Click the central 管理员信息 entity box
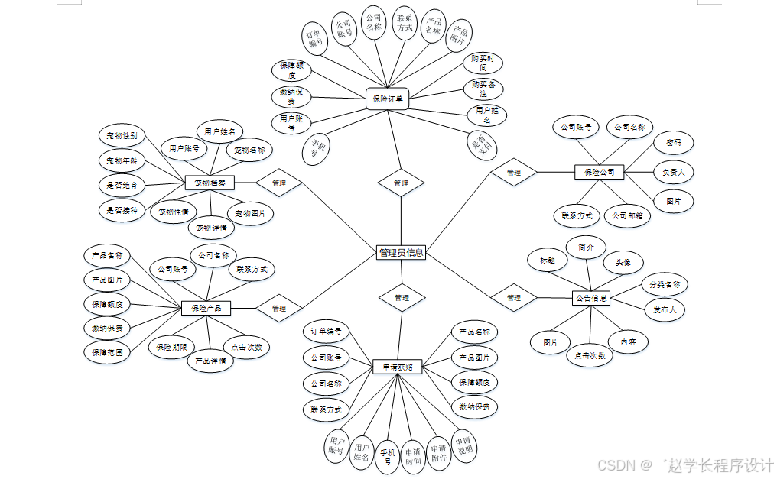(401, 253)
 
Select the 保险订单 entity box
(388, 99)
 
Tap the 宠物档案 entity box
(210, 183)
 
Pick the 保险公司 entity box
(599, 172)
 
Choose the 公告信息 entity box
(591, 299)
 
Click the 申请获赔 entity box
(397, 367)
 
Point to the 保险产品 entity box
(206, 308)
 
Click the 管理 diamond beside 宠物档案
(278, 183)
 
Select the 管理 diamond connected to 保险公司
(513, 173)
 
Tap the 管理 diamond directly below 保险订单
(401, 183)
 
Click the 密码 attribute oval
(674, 143)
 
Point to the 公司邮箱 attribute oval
(627, 216)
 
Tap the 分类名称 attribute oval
(665, 285)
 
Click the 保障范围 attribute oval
(106, 353)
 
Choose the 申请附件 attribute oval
(438, 454)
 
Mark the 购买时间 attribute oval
(483, 63)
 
